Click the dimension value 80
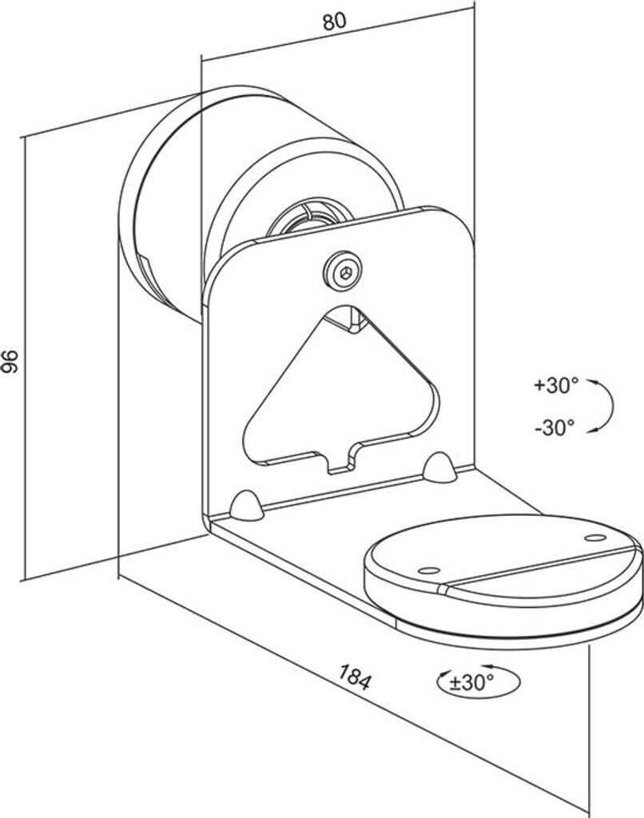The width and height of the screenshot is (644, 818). (x=333, y=22)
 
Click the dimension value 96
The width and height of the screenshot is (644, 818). (x=10, y=361)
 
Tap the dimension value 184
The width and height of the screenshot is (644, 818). (x=354, y=677)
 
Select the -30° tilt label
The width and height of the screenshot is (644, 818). (x=555, y=427)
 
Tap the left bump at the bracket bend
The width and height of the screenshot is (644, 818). (x=247, y=504)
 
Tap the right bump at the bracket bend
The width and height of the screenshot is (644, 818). (x=439, y=467)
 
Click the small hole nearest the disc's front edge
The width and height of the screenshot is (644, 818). (x=429, y=570)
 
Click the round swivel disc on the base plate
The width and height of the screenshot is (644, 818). (x=503, y=575)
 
